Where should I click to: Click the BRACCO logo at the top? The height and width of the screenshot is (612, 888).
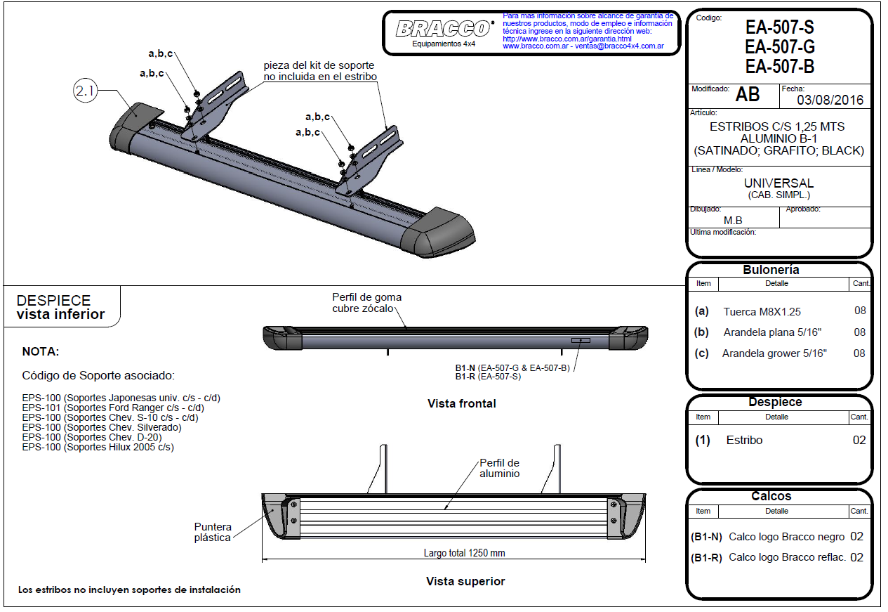tap(444, 29)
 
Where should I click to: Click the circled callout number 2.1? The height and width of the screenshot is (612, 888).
tap(85, 91)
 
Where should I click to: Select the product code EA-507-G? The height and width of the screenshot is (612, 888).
tap(779, 48)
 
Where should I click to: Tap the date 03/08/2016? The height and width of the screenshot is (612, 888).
tap(830, 100)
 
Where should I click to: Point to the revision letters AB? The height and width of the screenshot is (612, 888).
tap(748, 95)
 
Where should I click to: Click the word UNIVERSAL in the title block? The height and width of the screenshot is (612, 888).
tap(778, 183)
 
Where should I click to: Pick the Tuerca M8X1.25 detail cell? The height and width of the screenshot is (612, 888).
tap(762, 311)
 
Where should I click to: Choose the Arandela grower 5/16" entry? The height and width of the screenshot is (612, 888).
tap(774, 353)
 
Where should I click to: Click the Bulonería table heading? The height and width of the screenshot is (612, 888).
tap(771, 270)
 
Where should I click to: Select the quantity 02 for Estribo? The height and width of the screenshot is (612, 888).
tap(859, 441)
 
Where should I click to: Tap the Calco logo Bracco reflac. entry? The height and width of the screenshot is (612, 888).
tap(786, 557)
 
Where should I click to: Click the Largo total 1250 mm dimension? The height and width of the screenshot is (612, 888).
tap(464, 553)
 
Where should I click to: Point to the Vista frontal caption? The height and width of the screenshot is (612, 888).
tap(461, 404)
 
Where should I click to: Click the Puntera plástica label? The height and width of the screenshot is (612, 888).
tap(213, 532)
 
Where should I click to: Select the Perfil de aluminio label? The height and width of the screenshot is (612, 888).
tap(499, 468)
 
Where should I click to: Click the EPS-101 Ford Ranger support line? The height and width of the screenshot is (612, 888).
tap(113, 408)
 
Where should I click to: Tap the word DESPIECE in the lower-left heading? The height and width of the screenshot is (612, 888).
tap(53, 301)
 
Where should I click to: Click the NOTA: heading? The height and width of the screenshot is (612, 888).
tap(41, 351)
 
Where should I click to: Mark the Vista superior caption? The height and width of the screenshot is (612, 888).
tap(465, 582)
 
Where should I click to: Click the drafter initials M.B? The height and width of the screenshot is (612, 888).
tap(733, 220)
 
